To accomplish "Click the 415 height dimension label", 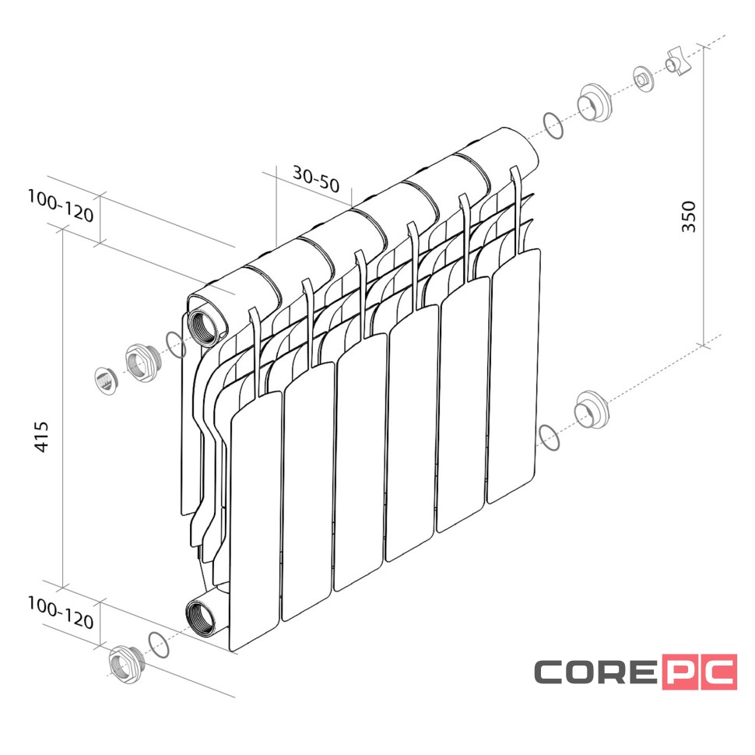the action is (x=42, y=437).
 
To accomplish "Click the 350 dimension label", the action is (x=689, y=216).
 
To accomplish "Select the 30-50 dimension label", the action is (x=316, y=179).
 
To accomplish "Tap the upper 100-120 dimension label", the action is (x=61, y=206).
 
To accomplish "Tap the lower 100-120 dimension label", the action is (x=61, y=613).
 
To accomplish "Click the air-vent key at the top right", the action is (x=678, y=61).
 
